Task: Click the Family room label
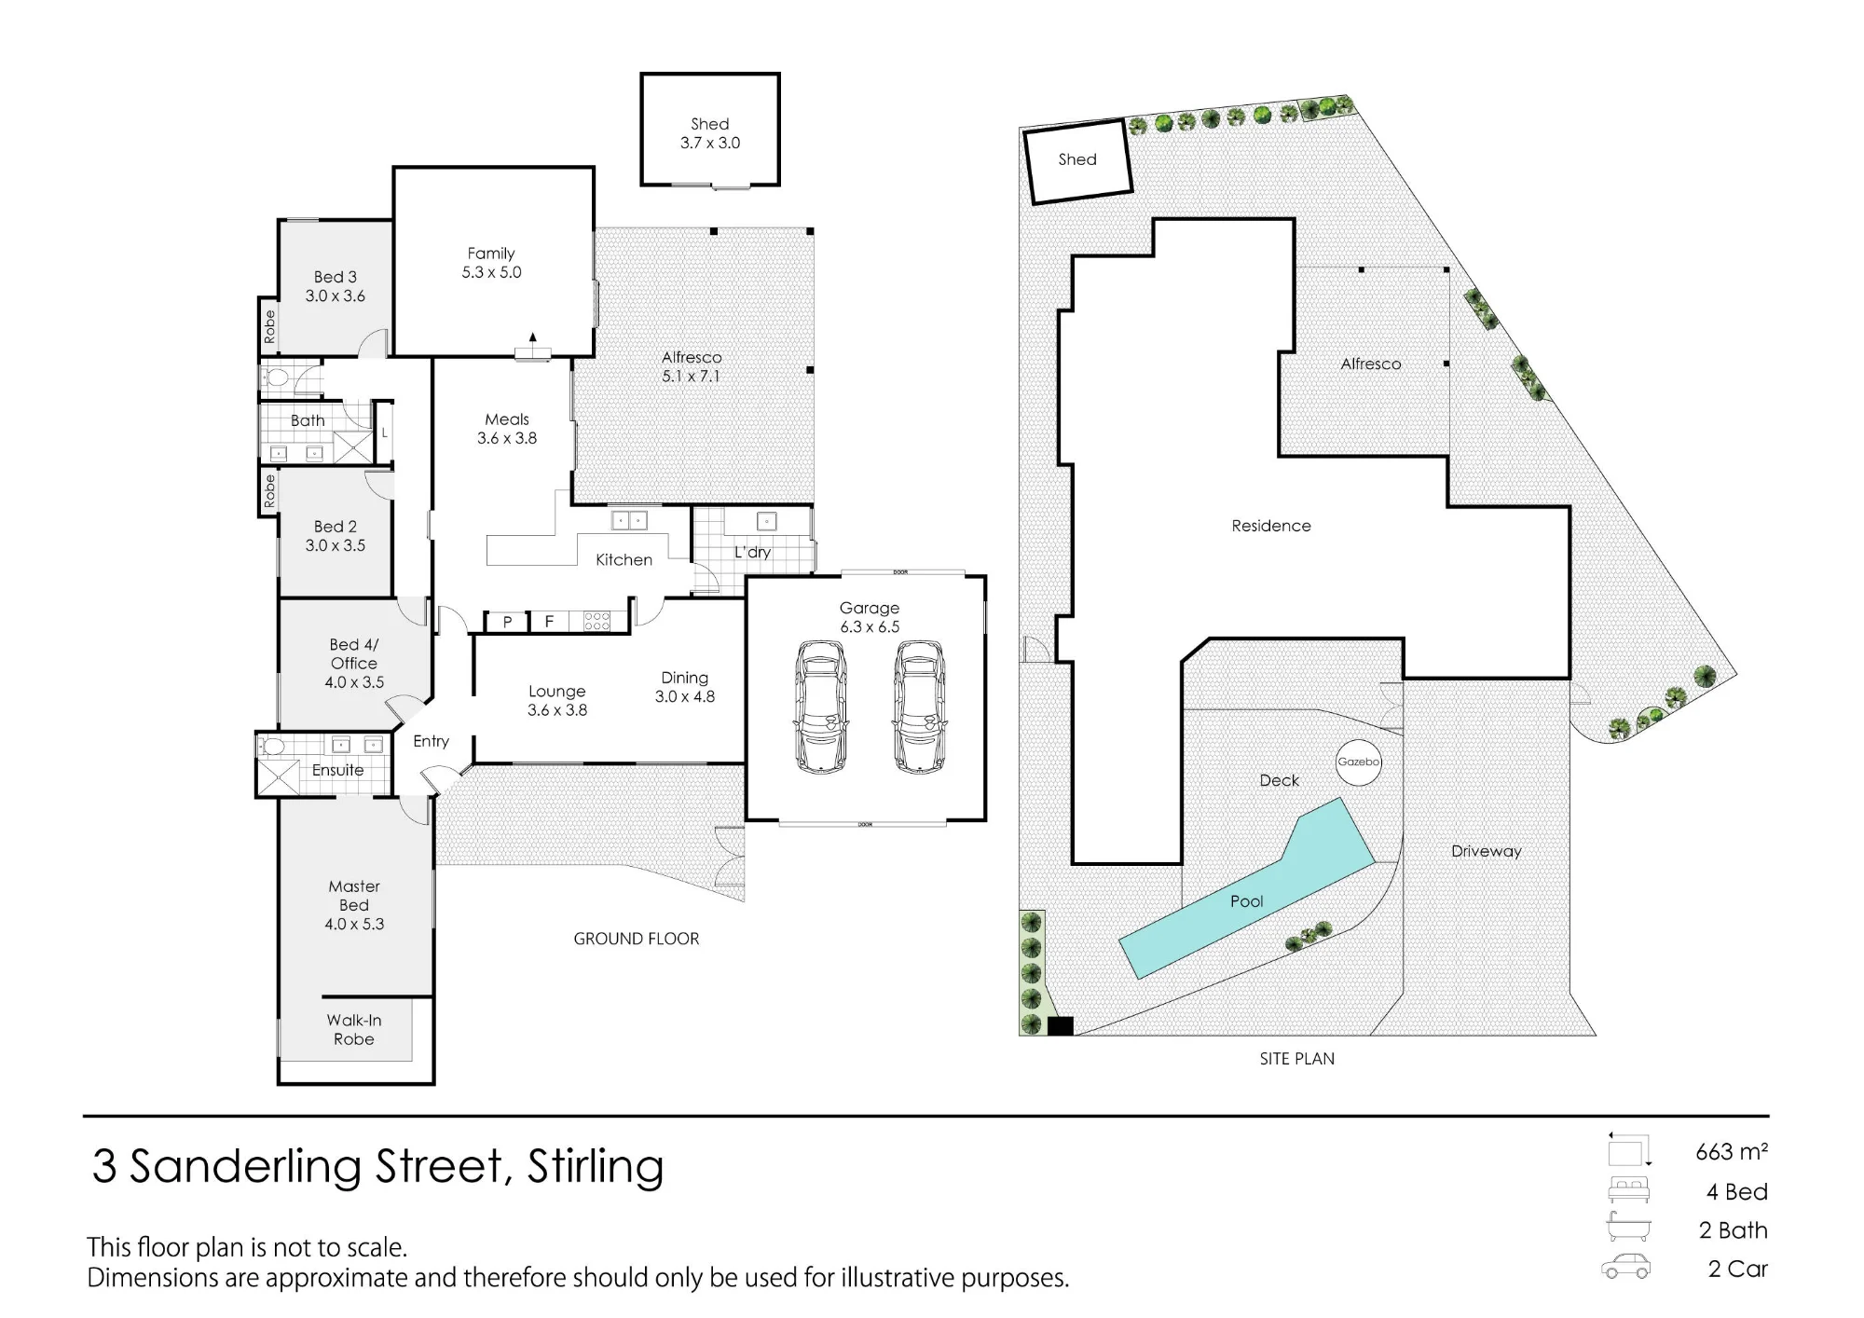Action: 491,254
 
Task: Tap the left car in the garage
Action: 821,707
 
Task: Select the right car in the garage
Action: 920,707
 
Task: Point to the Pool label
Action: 1246,901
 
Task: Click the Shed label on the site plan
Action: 1077,159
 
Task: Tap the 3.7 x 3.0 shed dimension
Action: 710,143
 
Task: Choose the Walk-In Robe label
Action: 354,1030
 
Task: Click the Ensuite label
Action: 337,770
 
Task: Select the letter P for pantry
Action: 508,622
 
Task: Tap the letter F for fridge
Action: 549,621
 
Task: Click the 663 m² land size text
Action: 1732,1152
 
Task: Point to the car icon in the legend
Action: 1625,1267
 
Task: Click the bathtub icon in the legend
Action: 1628,1228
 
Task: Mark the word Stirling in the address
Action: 596,1167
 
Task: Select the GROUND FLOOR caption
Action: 637,939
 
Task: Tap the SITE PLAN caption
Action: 1297,1059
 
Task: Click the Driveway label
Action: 1486,851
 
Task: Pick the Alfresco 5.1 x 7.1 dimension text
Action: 691,377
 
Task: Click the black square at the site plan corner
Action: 1061,1025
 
